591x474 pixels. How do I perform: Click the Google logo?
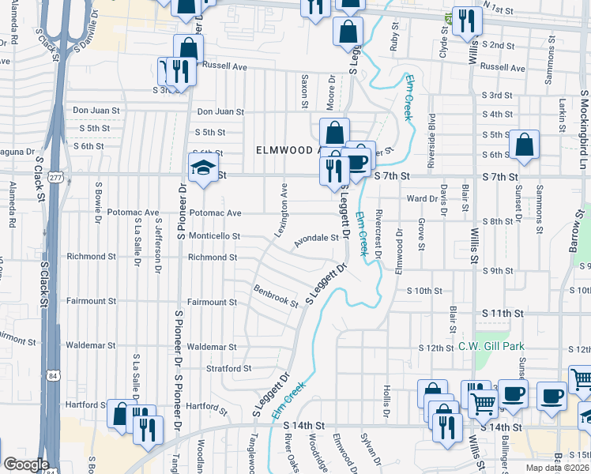pyautogui.click(x=25, y=465)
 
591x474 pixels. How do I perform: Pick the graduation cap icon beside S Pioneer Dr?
pyautogui.click(x=203, y=167)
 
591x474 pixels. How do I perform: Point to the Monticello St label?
pyautogui.click(x=213, y=235)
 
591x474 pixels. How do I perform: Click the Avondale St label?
pyautogui.click(x=317, y=239)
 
